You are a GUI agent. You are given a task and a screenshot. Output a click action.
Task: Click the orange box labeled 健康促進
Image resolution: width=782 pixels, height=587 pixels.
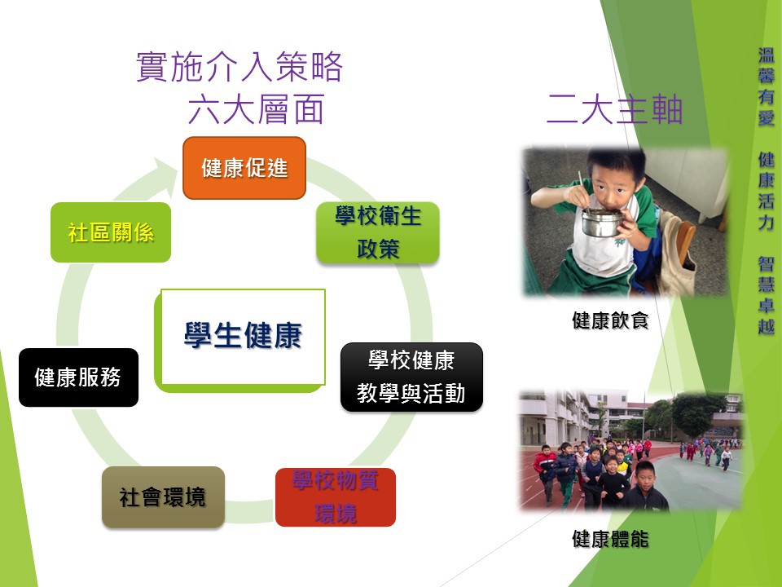pos(244,168)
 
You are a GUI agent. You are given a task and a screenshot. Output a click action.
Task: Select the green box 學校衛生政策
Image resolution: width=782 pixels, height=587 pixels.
pos(378,232)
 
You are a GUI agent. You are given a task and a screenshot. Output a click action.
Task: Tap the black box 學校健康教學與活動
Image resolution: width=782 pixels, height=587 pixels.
pos(411,377)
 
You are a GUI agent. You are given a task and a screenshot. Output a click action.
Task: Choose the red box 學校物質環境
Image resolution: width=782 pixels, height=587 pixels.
pos(335,497)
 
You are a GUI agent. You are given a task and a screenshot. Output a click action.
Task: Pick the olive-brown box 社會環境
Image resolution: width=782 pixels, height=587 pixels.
pos(163,497)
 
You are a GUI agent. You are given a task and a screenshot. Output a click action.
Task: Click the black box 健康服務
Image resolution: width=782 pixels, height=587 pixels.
pos(78,377)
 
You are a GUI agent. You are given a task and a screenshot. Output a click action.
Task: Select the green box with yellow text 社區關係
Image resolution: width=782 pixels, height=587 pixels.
pos(111,232)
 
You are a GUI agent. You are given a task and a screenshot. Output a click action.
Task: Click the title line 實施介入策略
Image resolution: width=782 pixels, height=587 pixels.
pos(239,66)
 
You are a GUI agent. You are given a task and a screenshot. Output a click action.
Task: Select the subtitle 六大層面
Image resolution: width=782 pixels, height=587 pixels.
pos(257,108)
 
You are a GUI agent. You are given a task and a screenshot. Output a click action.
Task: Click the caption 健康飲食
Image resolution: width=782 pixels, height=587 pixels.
pos(610,320)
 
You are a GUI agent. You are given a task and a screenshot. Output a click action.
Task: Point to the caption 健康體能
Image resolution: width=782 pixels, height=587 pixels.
pos(610,539)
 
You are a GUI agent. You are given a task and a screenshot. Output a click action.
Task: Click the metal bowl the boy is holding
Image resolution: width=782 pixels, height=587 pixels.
pos(602,222)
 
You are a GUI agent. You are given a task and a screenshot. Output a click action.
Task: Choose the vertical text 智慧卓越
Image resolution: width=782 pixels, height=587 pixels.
pos(766,295)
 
